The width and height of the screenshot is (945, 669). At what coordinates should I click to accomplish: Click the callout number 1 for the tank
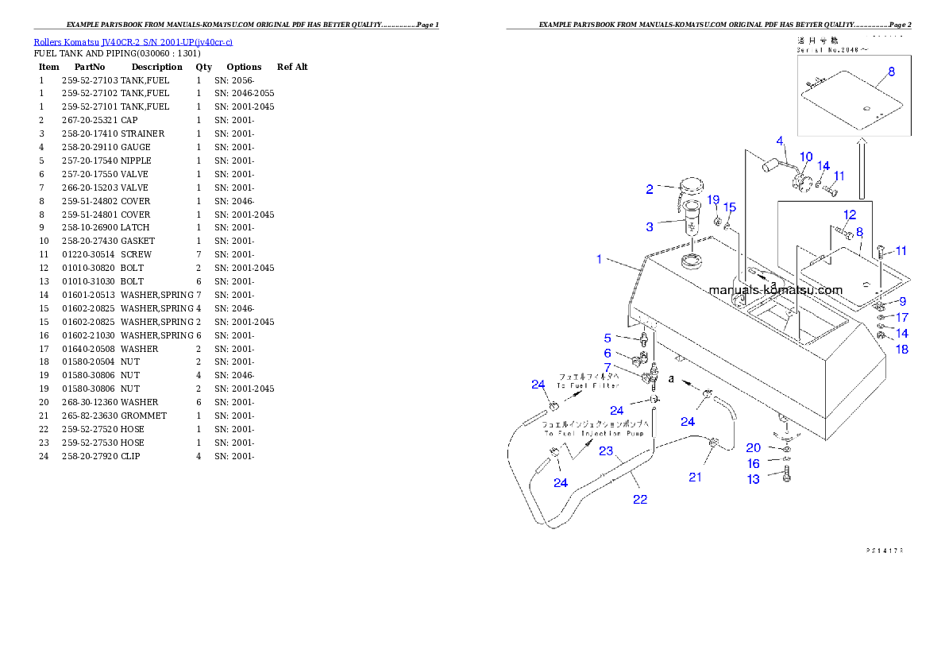(x=600, y=259)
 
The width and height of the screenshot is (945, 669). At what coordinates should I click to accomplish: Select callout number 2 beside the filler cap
(x=650, y=189)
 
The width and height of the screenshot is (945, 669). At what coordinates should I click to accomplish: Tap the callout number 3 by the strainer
(x=650, y=227)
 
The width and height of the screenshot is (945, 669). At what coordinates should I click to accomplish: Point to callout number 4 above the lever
(x=780, y=141)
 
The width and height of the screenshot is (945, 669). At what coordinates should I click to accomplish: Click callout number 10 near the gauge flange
(x=805, y=157)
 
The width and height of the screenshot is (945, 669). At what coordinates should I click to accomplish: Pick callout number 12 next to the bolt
(x=850, y=215)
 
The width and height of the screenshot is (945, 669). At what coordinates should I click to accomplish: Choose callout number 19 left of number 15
(x=713, y=199)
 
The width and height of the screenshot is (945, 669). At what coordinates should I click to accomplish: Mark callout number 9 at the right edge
(x=902, y=301)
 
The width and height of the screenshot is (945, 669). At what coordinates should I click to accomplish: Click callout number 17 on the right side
(x=902, y=318)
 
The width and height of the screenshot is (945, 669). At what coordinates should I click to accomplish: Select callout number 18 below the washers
(x=902, y=349)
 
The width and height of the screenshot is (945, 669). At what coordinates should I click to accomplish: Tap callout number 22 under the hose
(x=640, y=500)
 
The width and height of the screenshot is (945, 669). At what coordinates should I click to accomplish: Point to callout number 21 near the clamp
(x=696, y=477)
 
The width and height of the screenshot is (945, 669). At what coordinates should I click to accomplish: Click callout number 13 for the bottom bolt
(x=753, y=479)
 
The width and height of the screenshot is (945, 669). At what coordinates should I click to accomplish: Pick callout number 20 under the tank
(x=753, y=448)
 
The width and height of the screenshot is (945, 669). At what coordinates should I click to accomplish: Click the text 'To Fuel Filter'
(x=588, y=385)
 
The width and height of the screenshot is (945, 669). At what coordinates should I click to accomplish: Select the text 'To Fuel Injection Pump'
(x=596, y=434)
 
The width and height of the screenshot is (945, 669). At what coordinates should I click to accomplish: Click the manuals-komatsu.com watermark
(x=777, y=291)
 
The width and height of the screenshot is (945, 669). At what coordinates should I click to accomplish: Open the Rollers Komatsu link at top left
(x=133, y=42)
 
